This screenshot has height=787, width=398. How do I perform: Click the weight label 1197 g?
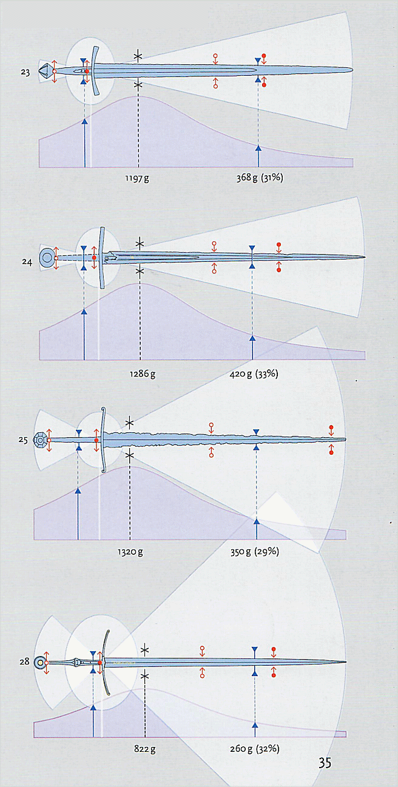[x=137, y=178]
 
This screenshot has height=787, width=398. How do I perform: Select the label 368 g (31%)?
[x=260, y=178]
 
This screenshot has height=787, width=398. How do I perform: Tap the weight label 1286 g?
[x=143, y=373]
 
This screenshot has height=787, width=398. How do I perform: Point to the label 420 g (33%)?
[x=254, y=373]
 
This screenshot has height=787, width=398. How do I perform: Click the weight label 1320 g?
[x=130, y=552]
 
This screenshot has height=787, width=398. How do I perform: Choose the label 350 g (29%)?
[x=255, y=552]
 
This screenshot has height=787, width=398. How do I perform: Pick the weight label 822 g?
[x=144, y=749]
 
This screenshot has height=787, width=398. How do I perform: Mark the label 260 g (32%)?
[x=255, y=749]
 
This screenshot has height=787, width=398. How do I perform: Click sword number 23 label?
[x=25, y=72]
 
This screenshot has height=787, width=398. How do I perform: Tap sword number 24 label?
[x=27, y=262]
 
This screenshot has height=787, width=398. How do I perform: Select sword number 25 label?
[x=23, y=440]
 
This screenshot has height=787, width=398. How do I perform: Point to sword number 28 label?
[x=24, y=661]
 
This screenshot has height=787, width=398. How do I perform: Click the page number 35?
[x=325, y=763]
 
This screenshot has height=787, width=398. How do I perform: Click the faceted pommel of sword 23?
[x=45, y=70]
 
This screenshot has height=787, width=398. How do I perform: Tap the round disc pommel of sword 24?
[x=46, y=258]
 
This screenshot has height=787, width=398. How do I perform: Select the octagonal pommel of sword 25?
[x=40, y=440]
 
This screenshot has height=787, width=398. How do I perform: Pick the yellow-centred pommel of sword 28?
[x=41, y=663]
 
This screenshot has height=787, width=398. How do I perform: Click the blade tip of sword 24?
[x=365, y=257]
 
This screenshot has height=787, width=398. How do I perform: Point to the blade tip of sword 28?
[x=346, y=662]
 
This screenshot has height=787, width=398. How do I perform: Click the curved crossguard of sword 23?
[x=94, y=70]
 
